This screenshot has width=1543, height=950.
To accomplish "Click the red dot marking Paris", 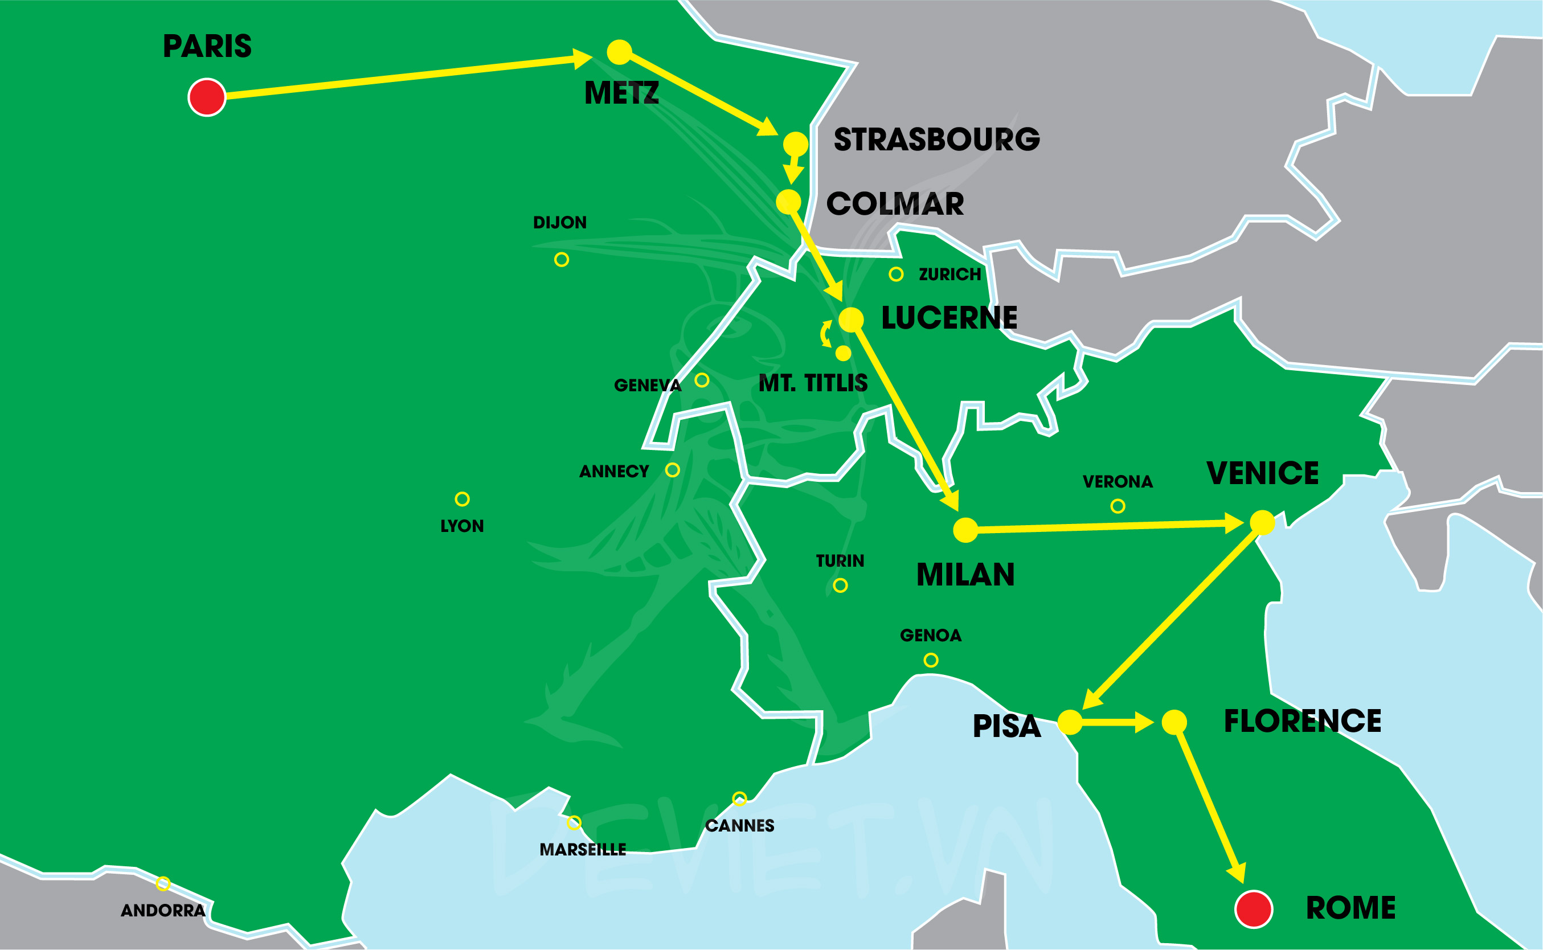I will coord(207,97).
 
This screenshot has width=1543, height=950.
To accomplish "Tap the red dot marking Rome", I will coord(1254,908).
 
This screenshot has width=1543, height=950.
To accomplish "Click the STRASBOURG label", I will coord(936,140).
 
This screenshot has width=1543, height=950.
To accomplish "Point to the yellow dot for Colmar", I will coord(788,202).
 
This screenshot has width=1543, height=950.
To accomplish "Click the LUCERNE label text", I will coord(949,318).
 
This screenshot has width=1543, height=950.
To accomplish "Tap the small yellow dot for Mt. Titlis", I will coord(843,353).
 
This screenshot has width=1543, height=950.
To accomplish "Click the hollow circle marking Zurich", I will coord(896,274).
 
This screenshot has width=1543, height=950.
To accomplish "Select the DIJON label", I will coord(559,223).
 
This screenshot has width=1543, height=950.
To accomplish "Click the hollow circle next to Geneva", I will coord(702,380).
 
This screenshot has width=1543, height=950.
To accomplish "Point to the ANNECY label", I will coord(614,471).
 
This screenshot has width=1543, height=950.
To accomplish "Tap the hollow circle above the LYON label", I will coord(462,499).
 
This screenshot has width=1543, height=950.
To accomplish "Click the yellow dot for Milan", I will coord(965,530).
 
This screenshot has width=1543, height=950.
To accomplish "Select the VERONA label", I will coord(1118,482).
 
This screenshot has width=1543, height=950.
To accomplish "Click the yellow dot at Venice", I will coord(1262,523).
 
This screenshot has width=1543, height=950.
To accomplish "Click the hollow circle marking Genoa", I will coord(931,660).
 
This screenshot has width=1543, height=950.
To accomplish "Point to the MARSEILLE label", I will coord(582,849).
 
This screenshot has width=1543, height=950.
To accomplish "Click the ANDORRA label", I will coord(163,910).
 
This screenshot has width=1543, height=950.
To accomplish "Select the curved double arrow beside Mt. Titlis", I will coord(825,334).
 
